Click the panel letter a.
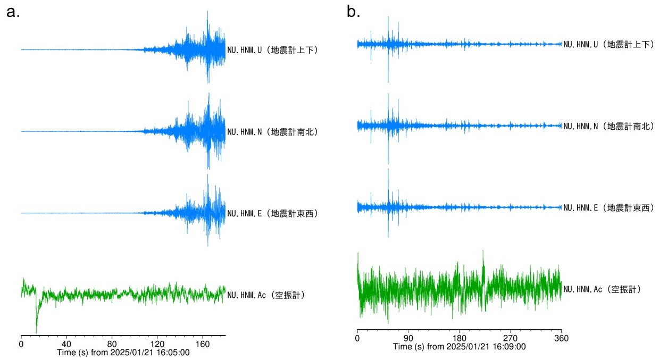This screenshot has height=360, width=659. [x=13, y=12]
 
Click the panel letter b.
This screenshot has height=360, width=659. [x=353, y=12]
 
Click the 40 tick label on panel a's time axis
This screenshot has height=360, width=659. [x=66, y=344]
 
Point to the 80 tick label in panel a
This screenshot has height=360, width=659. [x=112, y=344]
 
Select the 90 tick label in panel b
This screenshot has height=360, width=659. [x=408, y=338]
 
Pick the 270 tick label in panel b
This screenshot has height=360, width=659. [x=510, y=338]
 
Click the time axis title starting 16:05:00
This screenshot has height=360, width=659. [x=123, y=353]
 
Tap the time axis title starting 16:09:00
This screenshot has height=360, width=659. [x=460, y=347]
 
